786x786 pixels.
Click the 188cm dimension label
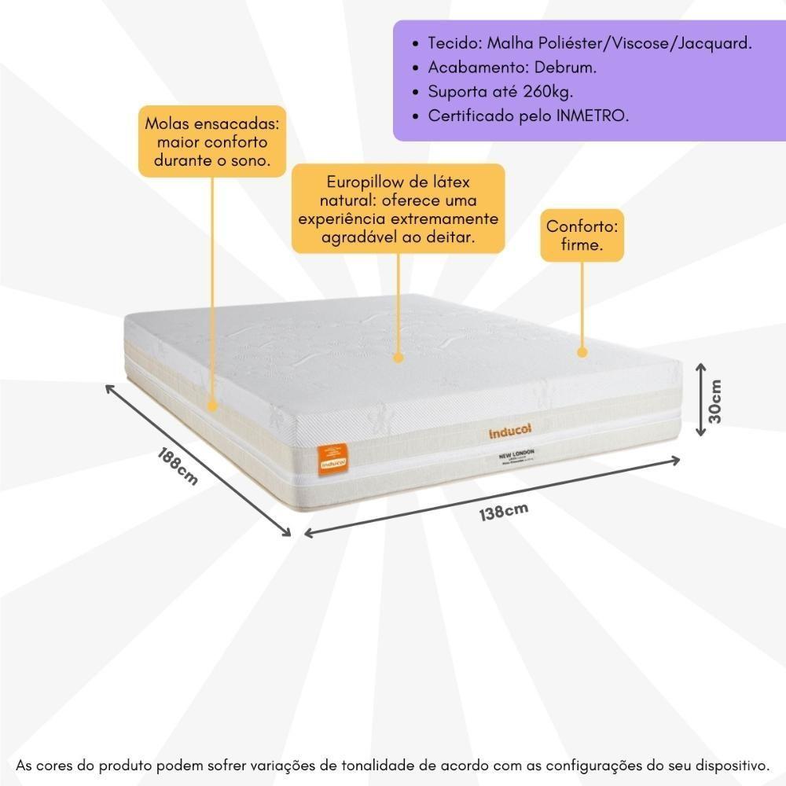176,465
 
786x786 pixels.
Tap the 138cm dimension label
504,512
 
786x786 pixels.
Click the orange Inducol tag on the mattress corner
332,460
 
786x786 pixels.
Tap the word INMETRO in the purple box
593,116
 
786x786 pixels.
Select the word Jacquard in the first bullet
714,43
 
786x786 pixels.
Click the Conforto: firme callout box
582,236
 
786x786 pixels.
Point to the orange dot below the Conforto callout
582,352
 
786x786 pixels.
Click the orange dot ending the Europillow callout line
399,358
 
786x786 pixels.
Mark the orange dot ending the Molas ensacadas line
212,406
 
